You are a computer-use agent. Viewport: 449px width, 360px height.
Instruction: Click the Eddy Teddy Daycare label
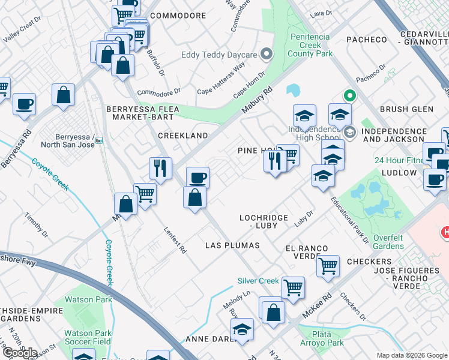point(219,55)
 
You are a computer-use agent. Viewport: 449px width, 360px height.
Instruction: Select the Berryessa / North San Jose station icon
point(98,140)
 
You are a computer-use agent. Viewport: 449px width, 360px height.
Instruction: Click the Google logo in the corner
point(19,352)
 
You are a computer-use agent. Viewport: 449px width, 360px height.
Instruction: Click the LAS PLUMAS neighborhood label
point(232,245)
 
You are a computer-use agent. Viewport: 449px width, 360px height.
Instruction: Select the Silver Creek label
point(258,281)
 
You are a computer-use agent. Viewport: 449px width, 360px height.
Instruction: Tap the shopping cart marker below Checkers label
point(328,265)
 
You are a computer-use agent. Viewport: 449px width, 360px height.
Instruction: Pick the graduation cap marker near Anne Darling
point(242,329)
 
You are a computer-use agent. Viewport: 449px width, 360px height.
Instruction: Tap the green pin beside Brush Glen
point(349,95)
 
